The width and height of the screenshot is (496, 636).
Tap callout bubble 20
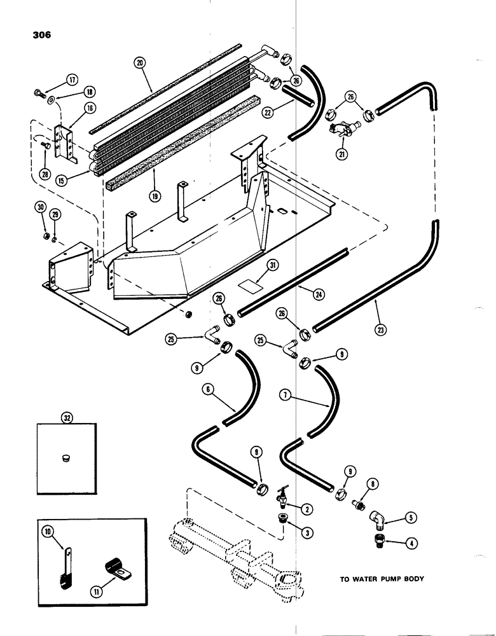(140, 62)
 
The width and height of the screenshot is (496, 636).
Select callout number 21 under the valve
(343, 153)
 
